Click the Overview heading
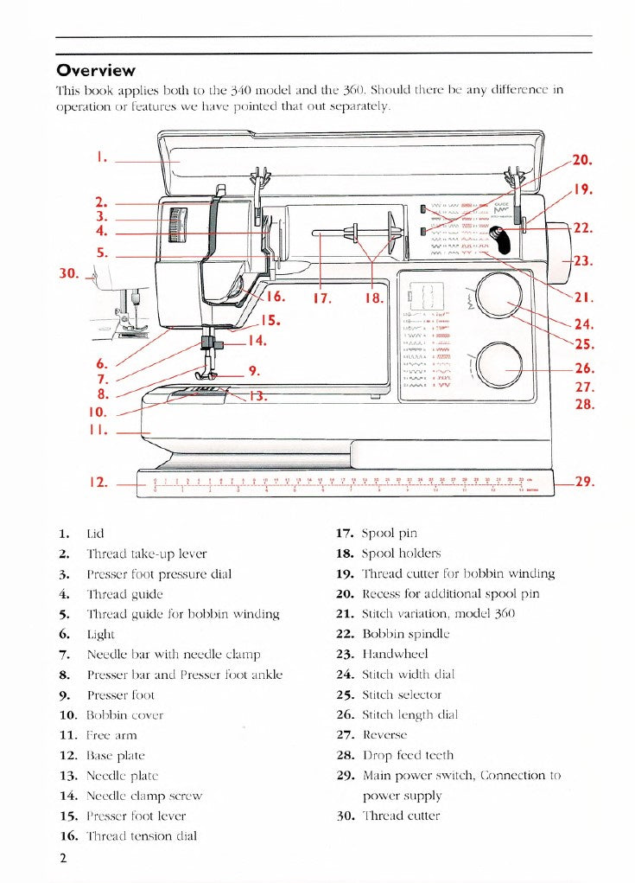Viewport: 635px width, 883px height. click(x=95, y=71)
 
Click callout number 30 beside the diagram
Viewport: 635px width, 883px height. click(x=69, y=274)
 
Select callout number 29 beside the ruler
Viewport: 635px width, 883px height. click(x=584, y=482)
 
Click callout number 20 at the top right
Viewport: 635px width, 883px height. click(x=582, y=160)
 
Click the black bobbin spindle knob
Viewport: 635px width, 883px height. click(x=499, y=234)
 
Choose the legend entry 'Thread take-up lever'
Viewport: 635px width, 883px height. click(x=147, y=553)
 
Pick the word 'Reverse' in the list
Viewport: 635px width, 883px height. click(x=384, y=735)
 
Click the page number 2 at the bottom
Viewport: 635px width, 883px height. click(x=63, y=858)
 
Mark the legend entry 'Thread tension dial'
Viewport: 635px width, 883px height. click(x=142, y=836)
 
